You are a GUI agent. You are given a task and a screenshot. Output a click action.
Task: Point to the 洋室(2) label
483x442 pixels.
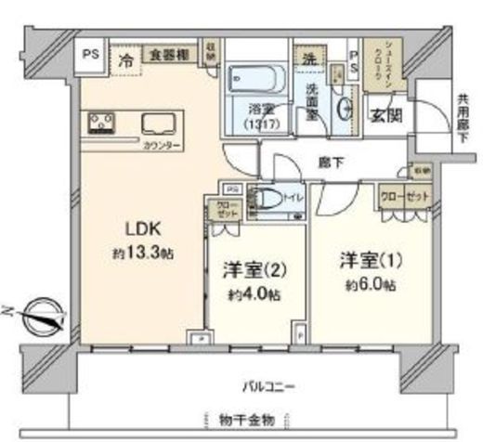coord(252,270)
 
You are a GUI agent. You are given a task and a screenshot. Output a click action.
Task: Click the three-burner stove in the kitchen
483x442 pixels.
coord(101,123)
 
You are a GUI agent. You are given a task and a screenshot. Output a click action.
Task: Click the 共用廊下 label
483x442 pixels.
coord(462,118)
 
